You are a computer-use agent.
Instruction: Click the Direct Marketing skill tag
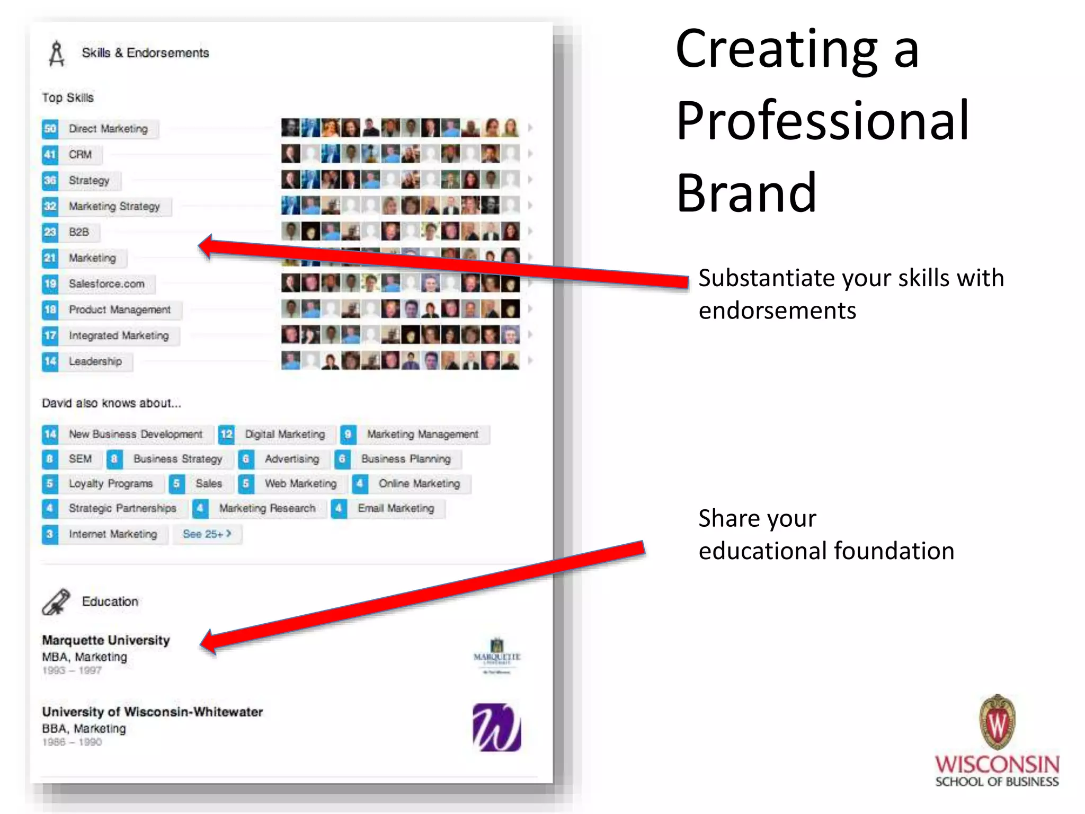tap(108, 129)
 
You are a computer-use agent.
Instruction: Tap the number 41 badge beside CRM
tap(50, 155)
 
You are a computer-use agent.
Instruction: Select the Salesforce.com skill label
tap(106, 284)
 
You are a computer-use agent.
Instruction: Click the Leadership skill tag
tap(95, 361)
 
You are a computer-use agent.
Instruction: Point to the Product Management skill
tap(120, 309)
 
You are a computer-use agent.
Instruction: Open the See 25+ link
tap(207, 534)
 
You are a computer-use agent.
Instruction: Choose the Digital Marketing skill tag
tap(284, 435)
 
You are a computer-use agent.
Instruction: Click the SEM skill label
tap(80, 459)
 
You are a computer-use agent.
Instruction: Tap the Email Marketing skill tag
tap(396, 509)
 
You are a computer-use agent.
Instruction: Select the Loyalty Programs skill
tap(110, 484)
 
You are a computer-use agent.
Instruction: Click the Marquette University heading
tap(106, 640)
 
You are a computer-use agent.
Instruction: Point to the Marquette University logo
tap(496, 656)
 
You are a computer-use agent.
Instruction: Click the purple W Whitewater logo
tap(496, 727)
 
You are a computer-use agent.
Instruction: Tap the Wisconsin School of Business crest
tap(997, 721)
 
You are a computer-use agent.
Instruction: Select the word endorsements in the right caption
tap(777, 311)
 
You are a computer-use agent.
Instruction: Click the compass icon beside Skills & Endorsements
tap(56, 54)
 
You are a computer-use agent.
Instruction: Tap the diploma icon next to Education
tap(56, 602)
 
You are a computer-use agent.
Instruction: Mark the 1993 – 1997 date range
tap(72, 670)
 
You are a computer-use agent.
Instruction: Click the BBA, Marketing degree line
tap(84, 729)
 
